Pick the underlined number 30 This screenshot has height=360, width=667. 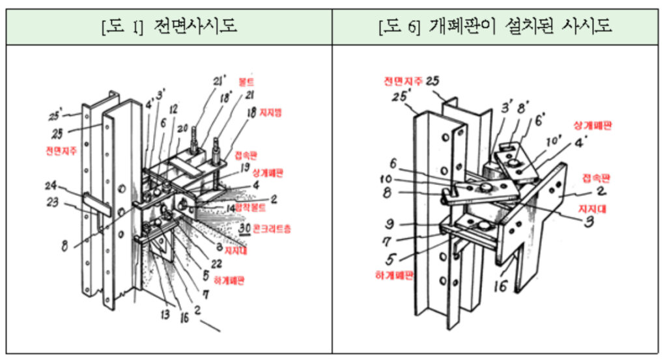pos(245,229)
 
